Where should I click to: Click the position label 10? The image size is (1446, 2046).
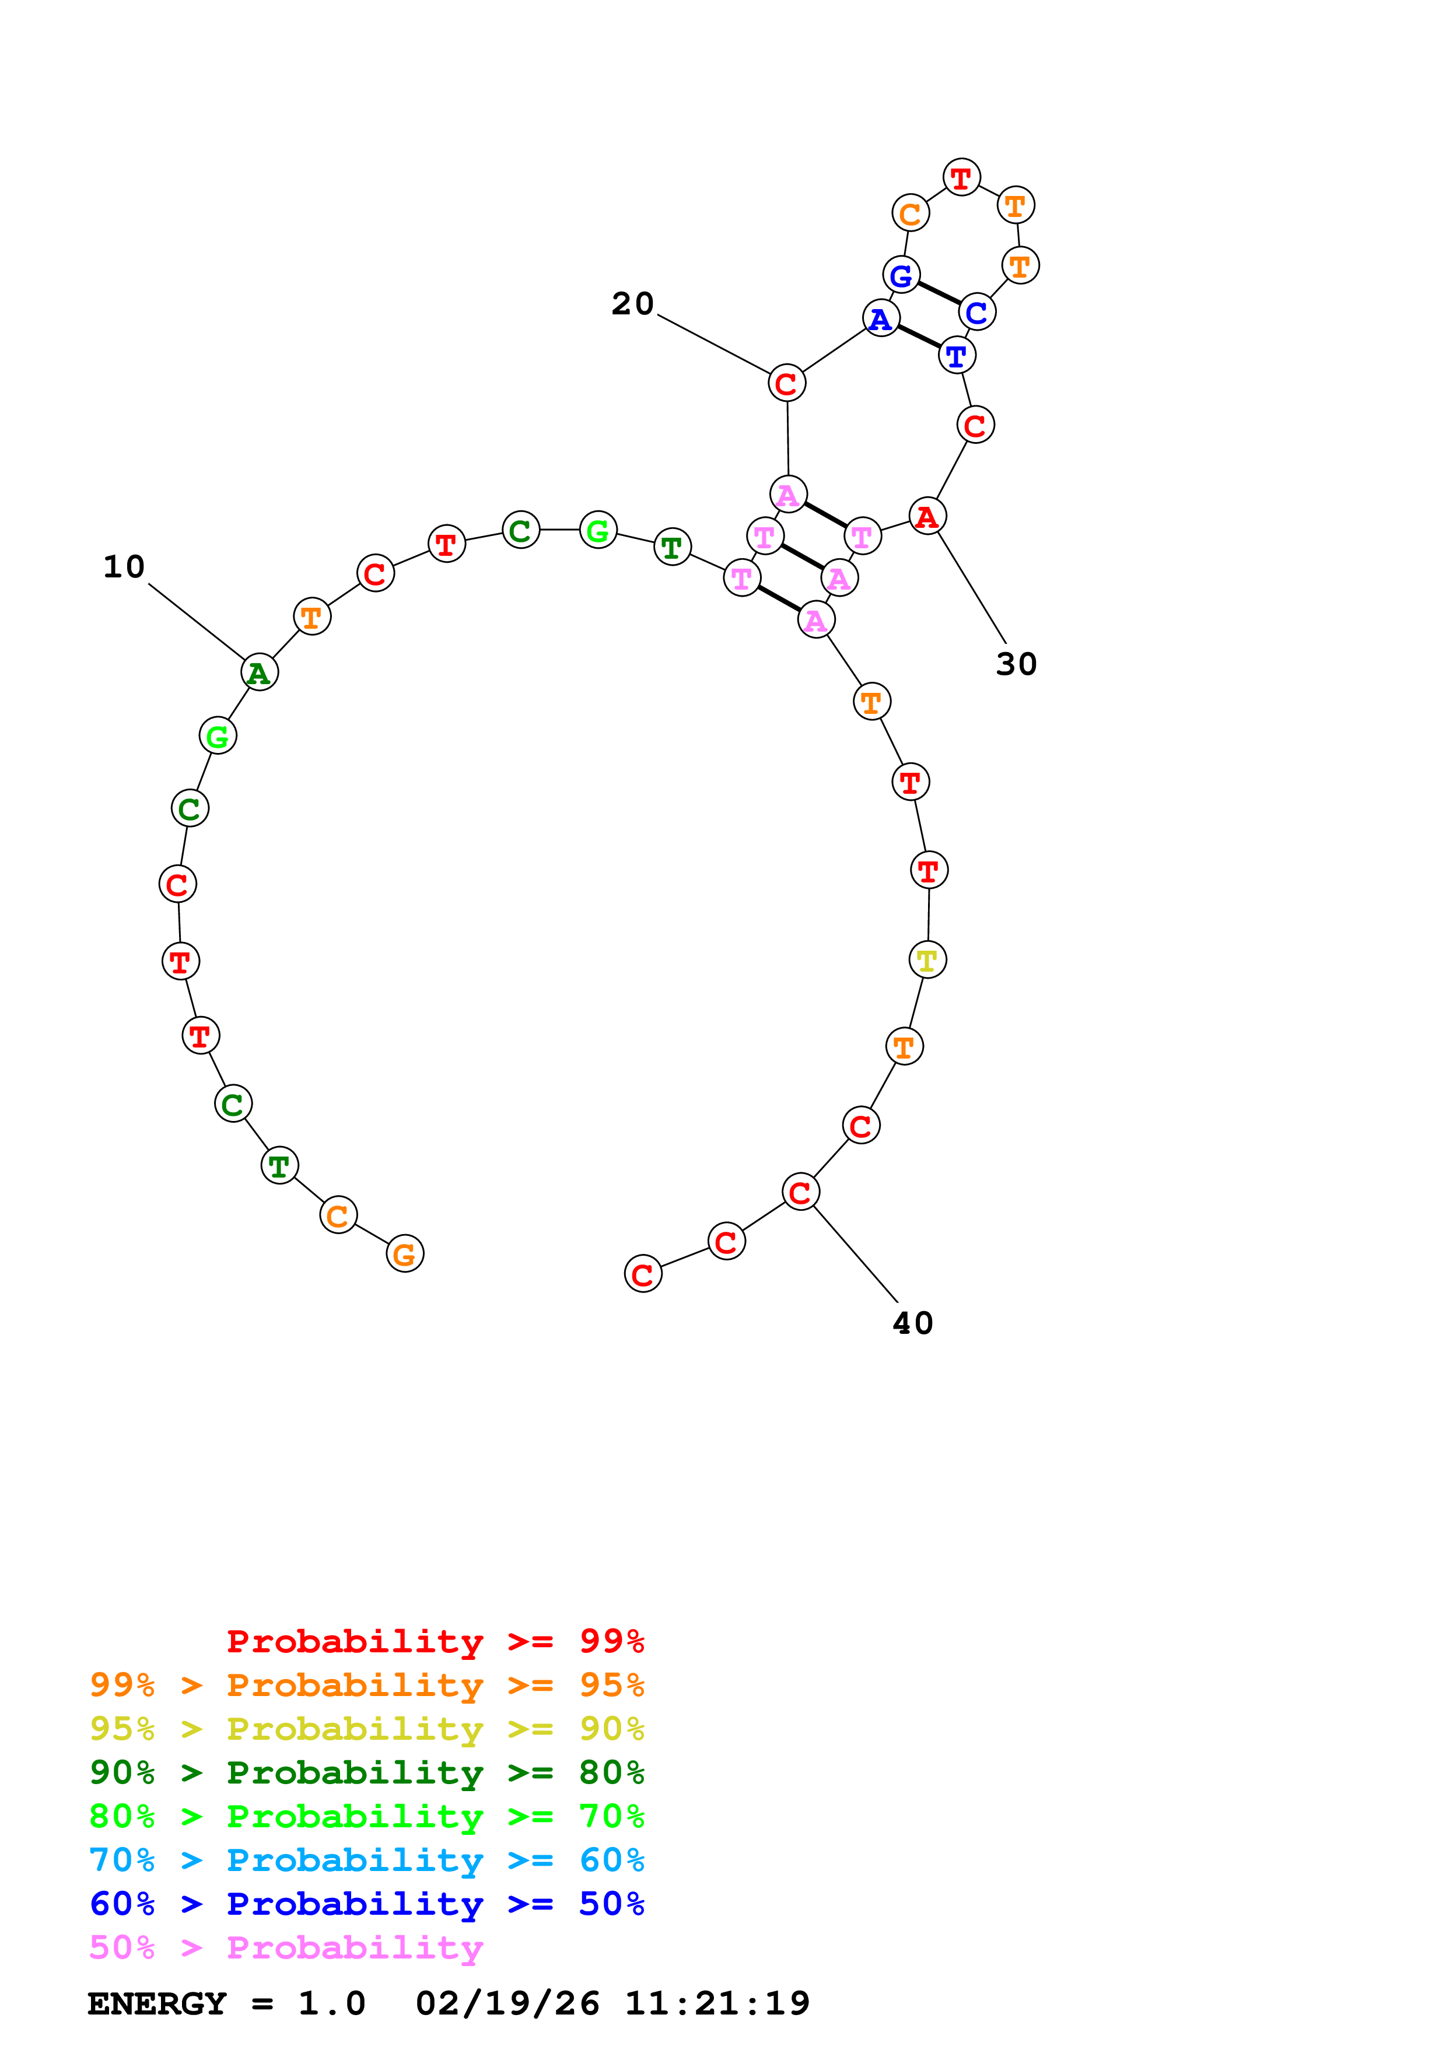124,567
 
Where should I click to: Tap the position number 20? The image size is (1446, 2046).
632,304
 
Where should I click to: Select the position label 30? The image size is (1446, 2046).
1017,664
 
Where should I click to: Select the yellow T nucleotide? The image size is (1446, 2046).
927,961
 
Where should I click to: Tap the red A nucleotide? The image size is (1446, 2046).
927,516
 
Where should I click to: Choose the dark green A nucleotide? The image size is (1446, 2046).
259,672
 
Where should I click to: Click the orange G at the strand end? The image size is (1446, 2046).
404,1254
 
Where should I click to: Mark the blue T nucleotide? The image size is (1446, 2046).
957,356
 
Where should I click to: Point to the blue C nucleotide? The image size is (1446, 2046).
978,312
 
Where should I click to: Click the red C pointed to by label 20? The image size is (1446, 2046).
787,383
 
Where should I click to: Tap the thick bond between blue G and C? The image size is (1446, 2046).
939,293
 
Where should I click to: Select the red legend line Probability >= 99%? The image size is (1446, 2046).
435,1641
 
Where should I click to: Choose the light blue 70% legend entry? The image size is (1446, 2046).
366,1860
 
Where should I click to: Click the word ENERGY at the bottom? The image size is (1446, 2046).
157,2003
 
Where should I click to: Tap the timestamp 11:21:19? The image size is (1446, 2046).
717,2003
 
